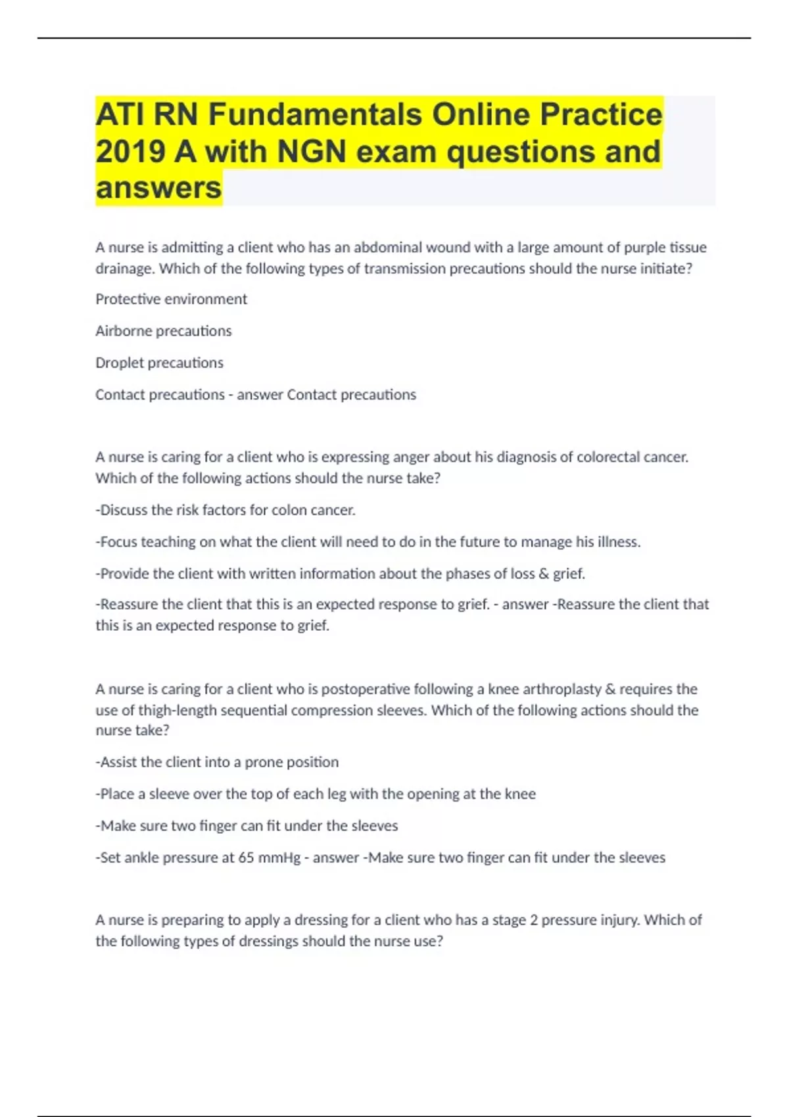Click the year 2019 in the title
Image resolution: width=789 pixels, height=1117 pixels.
point(130,151)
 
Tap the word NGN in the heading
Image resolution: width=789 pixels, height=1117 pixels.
point(312,151)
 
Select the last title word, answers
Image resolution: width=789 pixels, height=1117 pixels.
point(158,188)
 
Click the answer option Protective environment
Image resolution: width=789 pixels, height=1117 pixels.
point(171,299)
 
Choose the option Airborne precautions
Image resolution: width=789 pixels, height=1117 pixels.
point(163,331)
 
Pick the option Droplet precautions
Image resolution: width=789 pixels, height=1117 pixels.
point(159,363)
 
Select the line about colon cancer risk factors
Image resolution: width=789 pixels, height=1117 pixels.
point(226,510)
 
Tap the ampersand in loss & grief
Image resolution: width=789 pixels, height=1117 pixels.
point(543,574)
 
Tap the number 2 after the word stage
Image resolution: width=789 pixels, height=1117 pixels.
point(534,920)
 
